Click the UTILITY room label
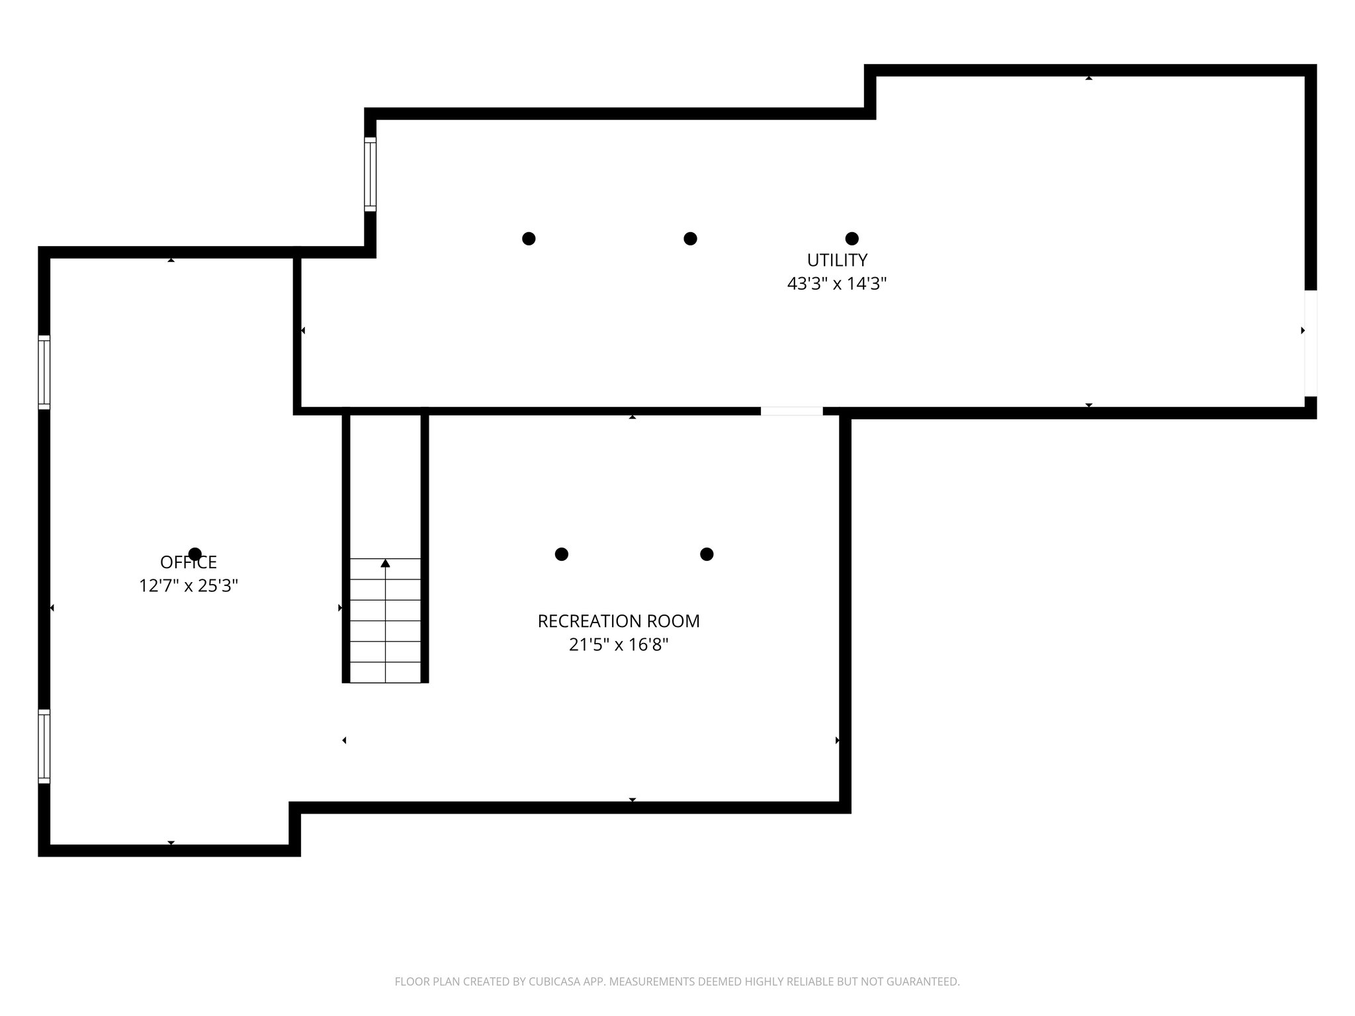click(x=836, y=260)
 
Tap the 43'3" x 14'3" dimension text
click(x=836, y=284)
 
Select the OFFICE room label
click(x=189, y=562)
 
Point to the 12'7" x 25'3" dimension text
click(x=189, y=586)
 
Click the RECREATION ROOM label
click(x=619, y=621)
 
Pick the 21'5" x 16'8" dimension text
click(x=619, y=645)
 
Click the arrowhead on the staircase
click(x=385, y=564)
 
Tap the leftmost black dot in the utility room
click(x=529, y=239)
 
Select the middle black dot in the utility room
click(x=690, y=239)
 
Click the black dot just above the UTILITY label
click(x=852, y=239)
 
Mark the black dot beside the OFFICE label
click(x=195, y=554)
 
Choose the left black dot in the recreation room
click(x=561, y=554)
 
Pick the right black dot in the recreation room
click(x=707, y=554)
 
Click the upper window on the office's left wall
click(x=44, y=372)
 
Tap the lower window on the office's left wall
click(x=44, y=746)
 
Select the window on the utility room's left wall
click(x=370, y=174)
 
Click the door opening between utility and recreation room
click(x=791, y=411)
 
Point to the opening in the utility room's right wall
click(x=1310, y=343)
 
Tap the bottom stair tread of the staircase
click(x=385, y=672)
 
